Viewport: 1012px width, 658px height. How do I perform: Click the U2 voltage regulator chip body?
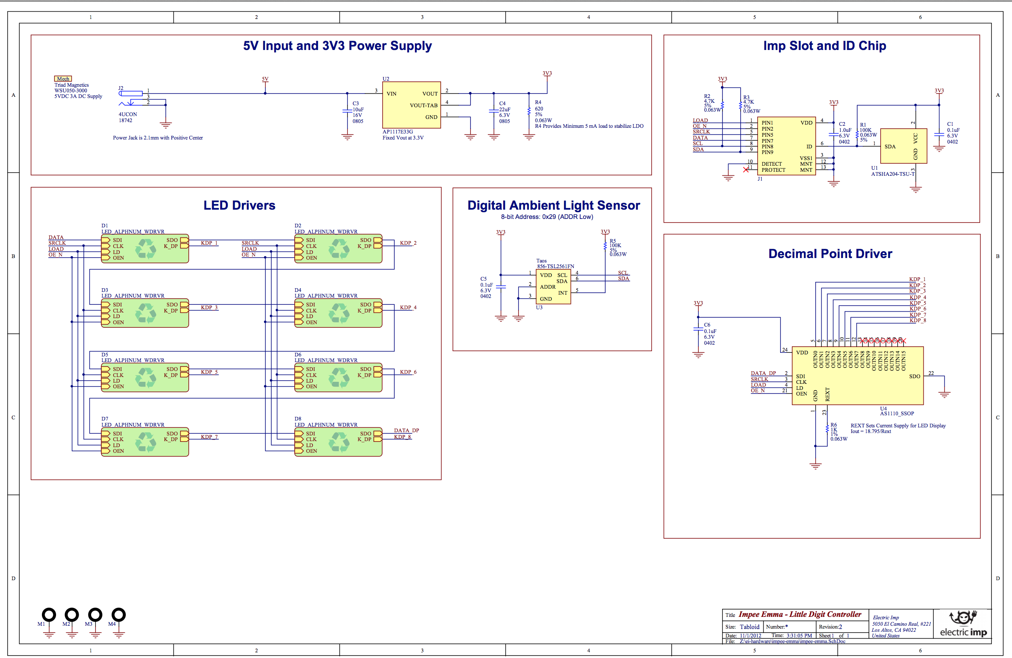tap(411, 105)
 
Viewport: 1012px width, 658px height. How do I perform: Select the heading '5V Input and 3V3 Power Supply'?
tap(337, 46)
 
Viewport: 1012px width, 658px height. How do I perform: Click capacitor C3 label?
tap(356, 103)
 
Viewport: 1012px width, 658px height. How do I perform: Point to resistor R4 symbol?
tap(529, 111)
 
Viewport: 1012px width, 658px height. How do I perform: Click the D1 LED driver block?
tap(145, 248)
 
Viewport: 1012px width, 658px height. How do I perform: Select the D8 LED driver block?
tap(338, 442)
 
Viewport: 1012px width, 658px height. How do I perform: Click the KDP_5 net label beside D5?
tap(209, 372)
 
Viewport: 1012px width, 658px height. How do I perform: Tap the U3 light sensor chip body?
tap(553, 287)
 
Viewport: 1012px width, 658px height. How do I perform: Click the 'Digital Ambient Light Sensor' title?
tap(553, 206)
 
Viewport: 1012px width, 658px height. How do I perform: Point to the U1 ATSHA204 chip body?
tap(903, 146)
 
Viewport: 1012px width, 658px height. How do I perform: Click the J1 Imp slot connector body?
tap(786, 146)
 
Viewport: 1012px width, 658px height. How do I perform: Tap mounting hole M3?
tap(95, 614)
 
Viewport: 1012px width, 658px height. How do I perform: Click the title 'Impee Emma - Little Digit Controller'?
tap(800, 614)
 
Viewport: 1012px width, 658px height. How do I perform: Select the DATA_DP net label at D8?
tap(406, 431)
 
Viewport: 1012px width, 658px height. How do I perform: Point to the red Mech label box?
tap(63, 79)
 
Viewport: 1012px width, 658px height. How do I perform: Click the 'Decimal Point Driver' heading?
tap(830, 254)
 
